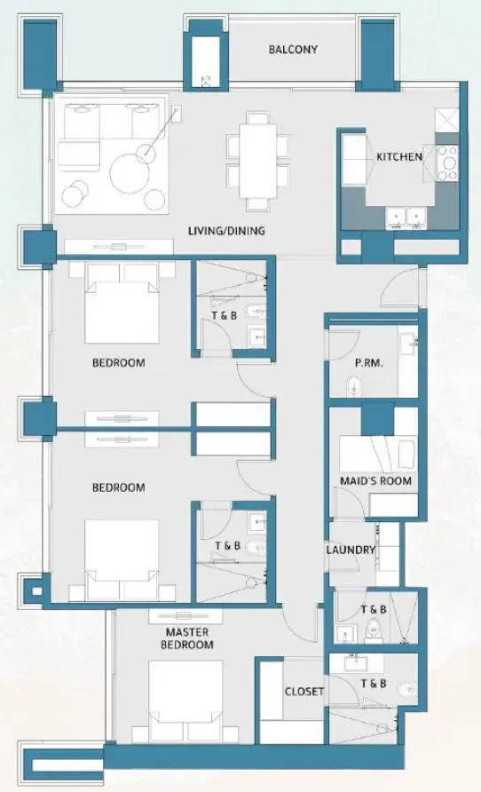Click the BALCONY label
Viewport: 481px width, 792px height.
(293, 50)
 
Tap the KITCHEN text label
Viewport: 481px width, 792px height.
(398, 157)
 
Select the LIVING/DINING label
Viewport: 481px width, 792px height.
(226, 231)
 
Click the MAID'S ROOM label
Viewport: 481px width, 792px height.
(375, 481)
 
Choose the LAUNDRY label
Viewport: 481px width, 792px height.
(351, 550)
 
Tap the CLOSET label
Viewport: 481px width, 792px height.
(304, 691)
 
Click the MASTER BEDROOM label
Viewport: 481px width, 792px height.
(187, 638)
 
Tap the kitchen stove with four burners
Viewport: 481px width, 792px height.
(447, 162)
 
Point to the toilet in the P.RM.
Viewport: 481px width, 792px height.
(352, 387)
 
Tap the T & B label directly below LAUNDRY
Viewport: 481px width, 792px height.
(373, 609)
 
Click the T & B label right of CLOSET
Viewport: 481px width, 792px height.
(373, 683)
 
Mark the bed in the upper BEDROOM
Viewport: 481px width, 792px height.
(122, 307)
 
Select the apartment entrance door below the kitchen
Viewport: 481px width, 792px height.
(406, 282)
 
